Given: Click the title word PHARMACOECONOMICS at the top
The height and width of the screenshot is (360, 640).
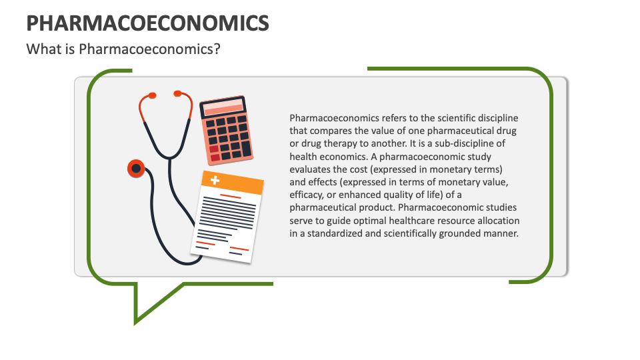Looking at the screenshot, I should (x=147, y=23).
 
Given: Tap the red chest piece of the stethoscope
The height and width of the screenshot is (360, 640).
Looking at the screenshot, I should (x=136, y=169).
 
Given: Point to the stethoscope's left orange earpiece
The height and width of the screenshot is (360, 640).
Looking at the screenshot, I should (x=151, y=95).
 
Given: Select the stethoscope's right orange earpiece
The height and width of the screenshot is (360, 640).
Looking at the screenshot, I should (x=177, y=93).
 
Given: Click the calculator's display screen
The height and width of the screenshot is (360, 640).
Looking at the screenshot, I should (x=223, y=107).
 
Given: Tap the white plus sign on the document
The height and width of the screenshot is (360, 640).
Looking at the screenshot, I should (x=215, y=180).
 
